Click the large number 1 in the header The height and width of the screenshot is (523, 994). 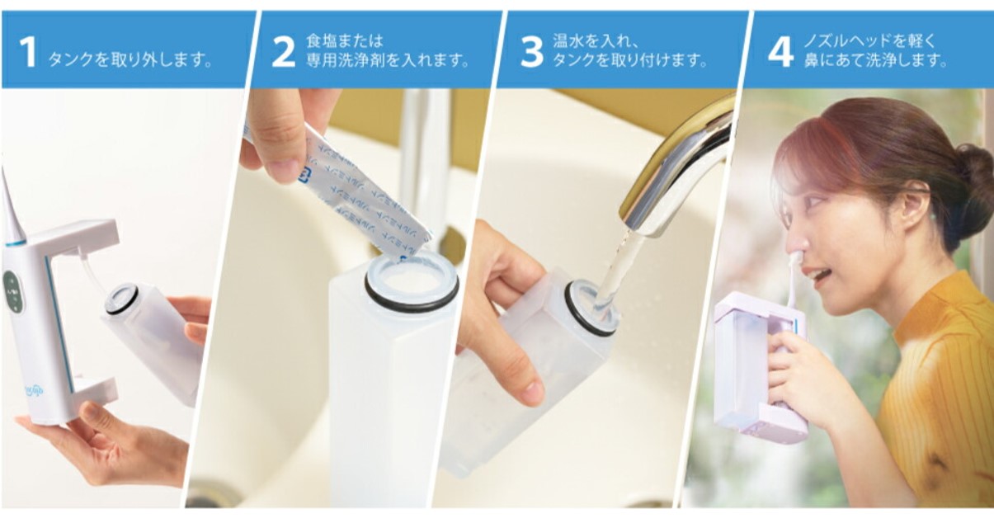pyautogui.click(x=27, y=51)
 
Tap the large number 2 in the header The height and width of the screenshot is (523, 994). pyautogui.click(x=283, y=51)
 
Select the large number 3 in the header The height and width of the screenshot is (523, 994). pyautogui.click(x=531, y=51)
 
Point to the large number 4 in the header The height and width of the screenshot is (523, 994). pyautogui.click(x=780, y=51)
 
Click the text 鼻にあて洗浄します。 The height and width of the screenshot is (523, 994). pyautogui.click(x=875, y=60)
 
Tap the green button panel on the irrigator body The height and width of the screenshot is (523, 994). pyautogui.click(x=12, y=292)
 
